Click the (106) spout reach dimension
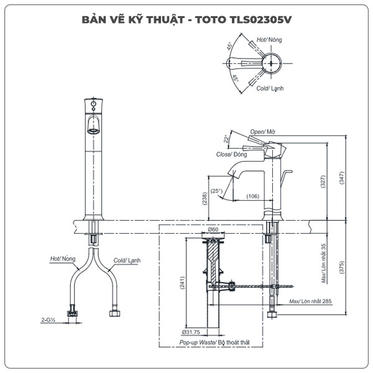(x=252, y=196)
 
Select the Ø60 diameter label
(x=213, y=229)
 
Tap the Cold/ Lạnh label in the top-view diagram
(x=270, y=88)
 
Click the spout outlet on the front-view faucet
(x=92, y=130)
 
